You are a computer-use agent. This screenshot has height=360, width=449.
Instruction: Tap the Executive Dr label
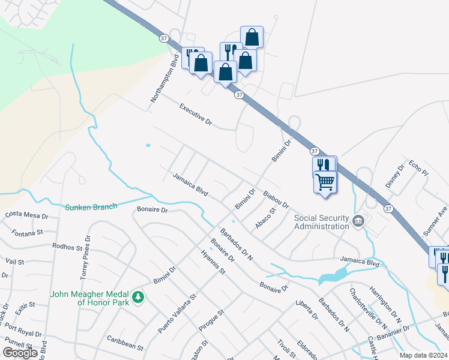point(196,113)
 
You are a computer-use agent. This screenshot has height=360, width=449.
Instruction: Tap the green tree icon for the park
point(139,297)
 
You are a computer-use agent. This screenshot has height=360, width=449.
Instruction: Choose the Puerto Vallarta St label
point(177,313)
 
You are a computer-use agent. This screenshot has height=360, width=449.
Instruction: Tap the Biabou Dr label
point(276,200)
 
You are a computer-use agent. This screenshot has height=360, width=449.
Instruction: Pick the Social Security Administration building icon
point(358,221)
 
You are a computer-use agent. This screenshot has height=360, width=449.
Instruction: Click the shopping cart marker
point(325,181)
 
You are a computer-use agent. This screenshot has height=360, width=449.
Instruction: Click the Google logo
point(20,353)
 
